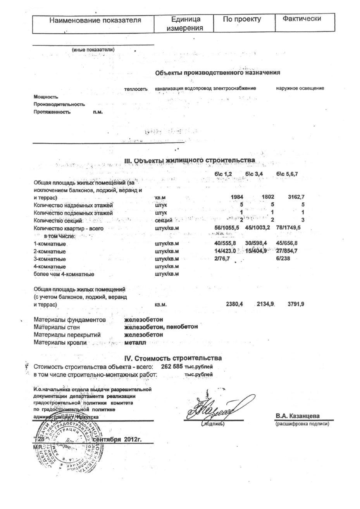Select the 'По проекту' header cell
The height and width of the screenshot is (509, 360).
tap(242, 19)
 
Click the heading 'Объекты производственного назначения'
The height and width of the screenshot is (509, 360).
tap(217, 73)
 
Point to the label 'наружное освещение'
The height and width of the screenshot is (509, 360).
tap(300, 88)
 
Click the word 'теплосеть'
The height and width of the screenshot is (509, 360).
tap(136, 89)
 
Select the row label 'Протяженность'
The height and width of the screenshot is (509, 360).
tap(52, 112)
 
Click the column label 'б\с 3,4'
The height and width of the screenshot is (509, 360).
tap(254, 174)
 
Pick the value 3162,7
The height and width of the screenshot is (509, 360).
tap(296, 197)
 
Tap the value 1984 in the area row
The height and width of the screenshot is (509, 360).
tap(237, 197)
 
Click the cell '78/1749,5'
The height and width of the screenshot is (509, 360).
tap(288, 228)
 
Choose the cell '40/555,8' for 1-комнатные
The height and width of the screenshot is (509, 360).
tap(225, 243)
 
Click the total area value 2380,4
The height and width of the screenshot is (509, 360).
tap(234, 304)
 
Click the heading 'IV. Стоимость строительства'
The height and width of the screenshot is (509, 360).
tap(173, 358)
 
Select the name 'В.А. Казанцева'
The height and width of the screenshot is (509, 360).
tap(298, 416)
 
